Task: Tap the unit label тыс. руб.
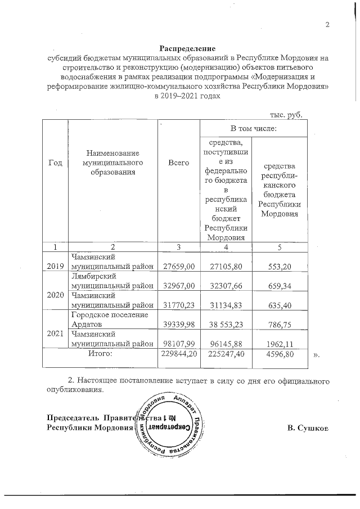286,115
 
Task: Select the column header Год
55,162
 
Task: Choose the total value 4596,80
280,354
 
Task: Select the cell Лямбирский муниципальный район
111,281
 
